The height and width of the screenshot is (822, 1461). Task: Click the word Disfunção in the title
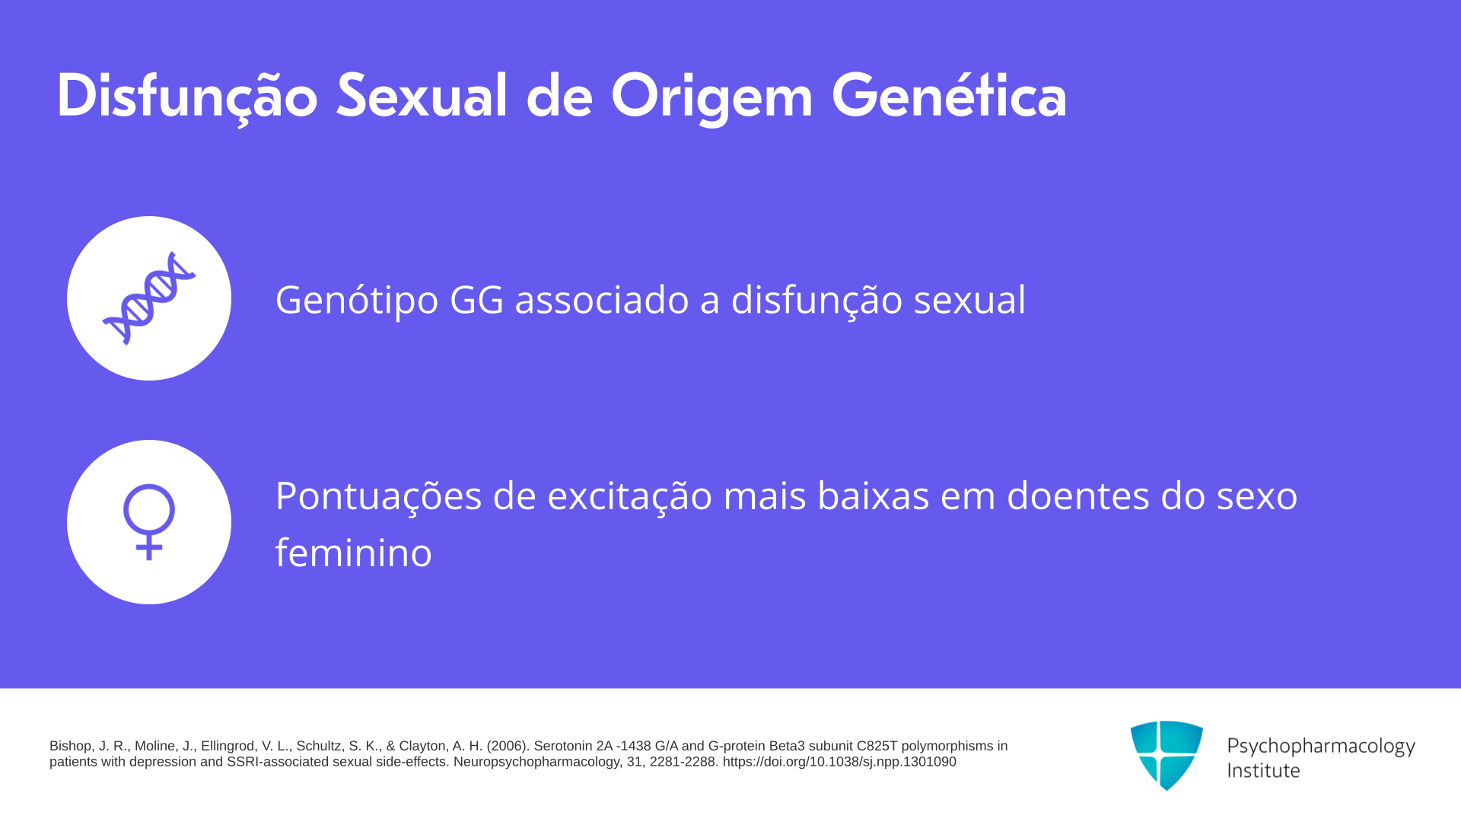(187, 97)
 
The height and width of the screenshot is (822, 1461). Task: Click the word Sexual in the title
(422, 96)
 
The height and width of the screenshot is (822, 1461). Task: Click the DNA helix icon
(149, 298)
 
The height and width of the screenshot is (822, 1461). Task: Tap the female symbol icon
(149, 522)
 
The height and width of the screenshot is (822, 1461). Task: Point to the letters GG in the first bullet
(476, 299)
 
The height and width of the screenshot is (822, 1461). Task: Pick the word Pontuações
(378, 496)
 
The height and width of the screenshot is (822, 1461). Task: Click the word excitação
(629, 496)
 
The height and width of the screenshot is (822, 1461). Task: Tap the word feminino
(354, 553)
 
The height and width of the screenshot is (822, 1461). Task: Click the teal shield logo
(1167, 755)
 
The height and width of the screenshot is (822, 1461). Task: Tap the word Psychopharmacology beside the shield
(1321, 747)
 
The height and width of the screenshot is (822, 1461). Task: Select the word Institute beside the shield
(1263, 771)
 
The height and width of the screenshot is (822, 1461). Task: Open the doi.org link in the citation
(839, 762)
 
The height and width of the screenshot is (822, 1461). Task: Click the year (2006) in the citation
(508, 747)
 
